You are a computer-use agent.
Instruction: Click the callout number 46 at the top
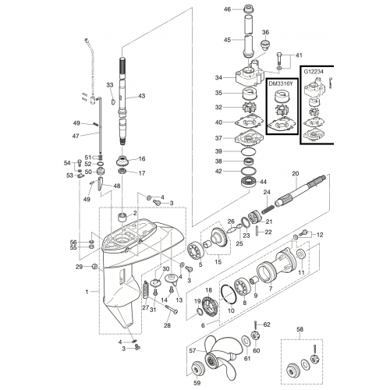227,9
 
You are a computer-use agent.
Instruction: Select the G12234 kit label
314,72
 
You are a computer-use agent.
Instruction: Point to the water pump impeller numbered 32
250,108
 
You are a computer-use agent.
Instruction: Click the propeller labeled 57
221,356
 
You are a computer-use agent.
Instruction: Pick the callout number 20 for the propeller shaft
296,173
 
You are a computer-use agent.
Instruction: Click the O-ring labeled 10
229,294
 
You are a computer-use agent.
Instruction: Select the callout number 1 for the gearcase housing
87,292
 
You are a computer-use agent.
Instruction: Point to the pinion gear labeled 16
122,161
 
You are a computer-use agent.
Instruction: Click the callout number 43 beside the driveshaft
141,96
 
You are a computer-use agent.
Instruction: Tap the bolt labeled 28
171,309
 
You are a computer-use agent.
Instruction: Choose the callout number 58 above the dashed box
300,329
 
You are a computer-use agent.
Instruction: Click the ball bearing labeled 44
249,181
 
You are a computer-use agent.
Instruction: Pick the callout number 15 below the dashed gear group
218,261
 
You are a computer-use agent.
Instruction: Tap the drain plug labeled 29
94,267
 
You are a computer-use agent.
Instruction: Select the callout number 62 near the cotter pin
267,324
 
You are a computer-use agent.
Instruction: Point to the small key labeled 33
112,101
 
